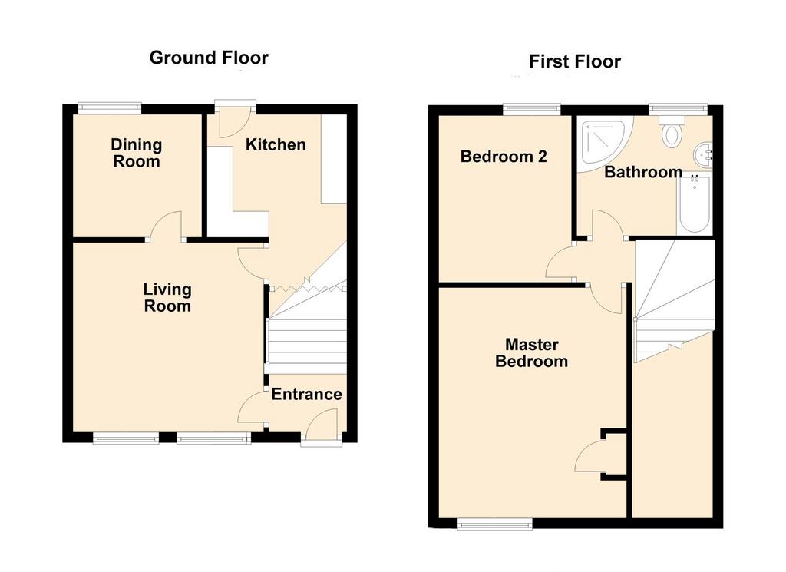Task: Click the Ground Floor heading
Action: click(209, 58)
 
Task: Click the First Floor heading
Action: click(574, 61)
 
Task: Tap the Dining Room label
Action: click(137, 153)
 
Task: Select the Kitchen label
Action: click(276, 145)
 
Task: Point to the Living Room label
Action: click(167, 298)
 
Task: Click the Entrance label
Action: click(307, 394)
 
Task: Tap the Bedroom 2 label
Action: click(504, 157)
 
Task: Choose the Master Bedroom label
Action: click(531, 353)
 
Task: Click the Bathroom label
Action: click(643, 172)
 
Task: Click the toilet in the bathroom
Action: click(671, 131)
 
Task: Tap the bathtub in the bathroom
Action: click(694, 204)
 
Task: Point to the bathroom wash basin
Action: click(703, 154)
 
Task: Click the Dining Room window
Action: click(110, 107)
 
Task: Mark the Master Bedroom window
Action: click(495, 524)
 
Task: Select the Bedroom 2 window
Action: click(531, 107)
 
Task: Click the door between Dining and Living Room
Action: click(165, 226)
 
